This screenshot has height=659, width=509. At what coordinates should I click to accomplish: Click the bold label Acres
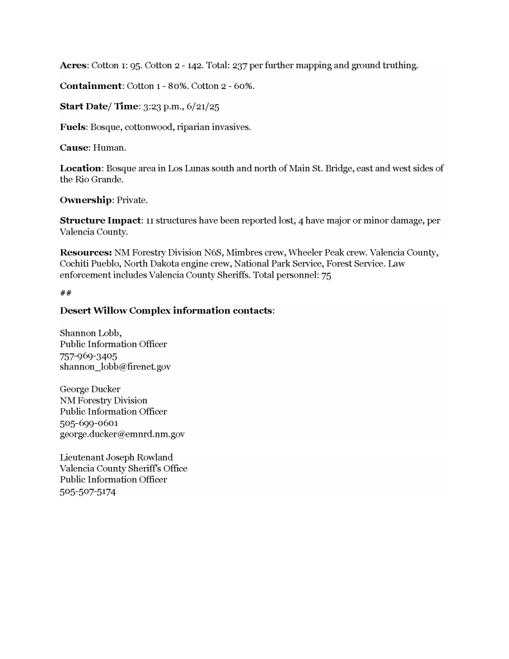point(74,66)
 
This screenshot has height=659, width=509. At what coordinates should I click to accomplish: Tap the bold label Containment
point(91,86)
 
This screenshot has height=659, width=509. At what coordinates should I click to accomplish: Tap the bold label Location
point(80,169)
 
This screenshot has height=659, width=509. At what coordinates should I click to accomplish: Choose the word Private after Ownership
point(133,200)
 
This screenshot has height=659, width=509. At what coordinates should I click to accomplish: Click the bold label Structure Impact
point(100,221)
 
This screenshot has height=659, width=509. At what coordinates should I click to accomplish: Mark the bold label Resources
point(86,253)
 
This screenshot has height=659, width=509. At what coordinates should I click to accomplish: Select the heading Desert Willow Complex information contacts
point(167,310)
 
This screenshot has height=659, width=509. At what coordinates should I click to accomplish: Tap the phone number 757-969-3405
point(88,356)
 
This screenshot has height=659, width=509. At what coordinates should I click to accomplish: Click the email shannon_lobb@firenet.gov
point(115,367)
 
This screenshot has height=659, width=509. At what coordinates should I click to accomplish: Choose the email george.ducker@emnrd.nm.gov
point(122,434)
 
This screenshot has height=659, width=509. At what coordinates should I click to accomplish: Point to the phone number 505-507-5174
point(88,491)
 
